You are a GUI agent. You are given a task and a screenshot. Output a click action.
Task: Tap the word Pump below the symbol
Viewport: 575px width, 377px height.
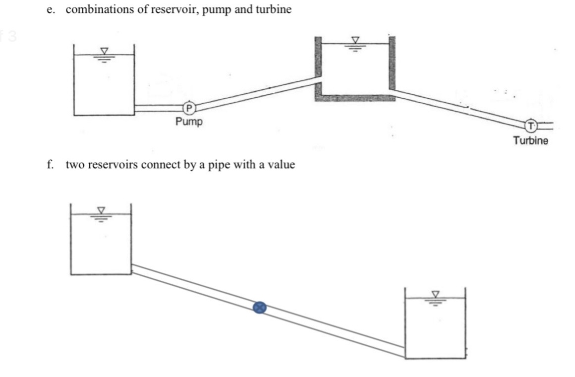189,122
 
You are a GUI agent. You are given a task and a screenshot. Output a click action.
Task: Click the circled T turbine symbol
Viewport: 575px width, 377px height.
530,125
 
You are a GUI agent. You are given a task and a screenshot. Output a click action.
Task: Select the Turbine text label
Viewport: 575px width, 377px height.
530,140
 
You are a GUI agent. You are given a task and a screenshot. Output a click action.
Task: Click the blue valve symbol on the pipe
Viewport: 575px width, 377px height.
260,308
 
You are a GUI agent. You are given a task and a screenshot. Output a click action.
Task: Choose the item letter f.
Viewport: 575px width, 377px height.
50,165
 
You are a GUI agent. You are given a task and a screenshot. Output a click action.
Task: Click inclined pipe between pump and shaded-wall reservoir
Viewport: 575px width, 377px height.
253,94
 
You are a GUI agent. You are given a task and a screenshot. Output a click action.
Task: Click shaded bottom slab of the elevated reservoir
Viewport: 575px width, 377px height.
354,97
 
